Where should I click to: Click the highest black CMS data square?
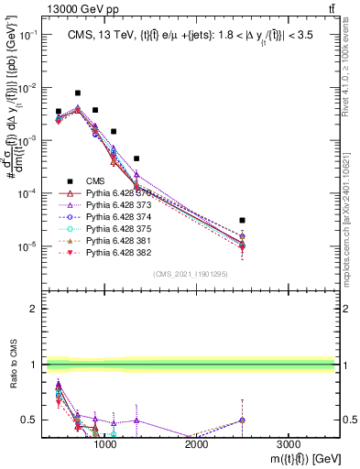(78, 93)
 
